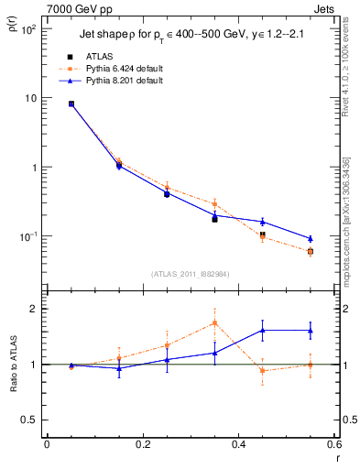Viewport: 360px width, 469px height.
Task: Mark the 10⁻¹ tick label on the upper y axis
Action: (x=28, y=236)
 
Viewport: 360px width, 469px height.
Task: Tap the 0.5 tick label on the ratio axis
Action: (x=30, y=420)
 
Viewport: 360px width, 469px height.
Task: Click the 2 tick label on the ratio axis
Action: (x=35, y=309)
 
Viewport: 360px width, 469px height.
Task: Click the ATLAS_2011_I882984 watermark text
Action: (x=190, y=273)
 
